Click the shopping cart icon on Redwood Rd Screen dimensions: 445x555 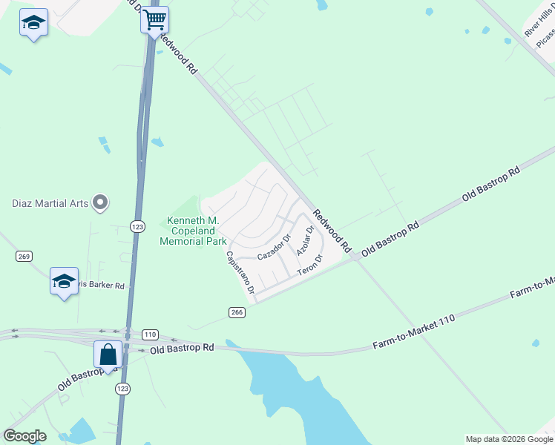coord(155,20)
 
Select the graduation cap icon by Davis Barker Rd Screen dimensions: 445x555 coord(64,282)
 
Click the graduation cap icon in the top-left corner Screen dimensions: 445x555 coord(33,23)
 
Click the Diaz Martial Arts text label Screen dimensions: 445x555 coord(49,203)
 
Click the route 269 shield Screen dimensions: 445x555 coord(24,256)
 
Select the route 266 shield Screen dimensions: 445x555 coord(237,312)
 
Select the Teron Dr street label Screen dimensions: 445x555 coord(310,266)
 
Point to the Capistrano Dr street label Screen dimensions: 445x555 coord(240,272)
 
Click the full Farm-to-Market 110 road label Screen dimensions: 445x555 coord(413,332)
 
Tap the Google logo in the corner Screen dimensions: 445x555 coord(24,436)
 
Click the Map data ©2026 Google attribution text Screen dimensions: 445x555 coord(508,439)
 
